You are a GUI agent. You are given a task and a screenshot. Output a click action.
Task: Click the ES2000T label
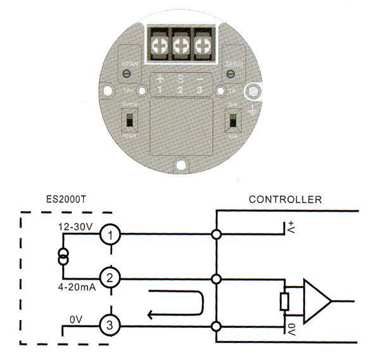point(67,199)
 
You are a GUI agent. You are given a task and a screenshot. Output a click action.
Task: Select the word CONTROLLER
point(285,199)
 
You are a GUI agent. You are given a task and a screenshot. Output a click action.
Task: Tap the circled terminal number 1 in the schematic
point(110,235)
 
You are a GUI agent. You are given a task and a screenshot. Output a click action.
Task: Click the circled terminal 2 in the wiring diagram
point(110,278)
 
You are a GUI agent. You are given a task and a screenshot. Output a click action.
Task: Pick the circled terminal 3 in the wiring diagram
point(110,326)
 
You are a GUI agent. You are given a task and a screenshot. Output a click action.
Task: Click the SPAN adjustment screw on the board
point(127,74)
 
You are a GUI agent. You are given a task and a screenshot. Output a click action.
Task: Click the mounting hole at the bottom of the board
point(182,166)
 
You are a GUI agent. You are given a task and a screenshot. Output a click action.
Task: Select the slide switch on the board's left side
point(129,120)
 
